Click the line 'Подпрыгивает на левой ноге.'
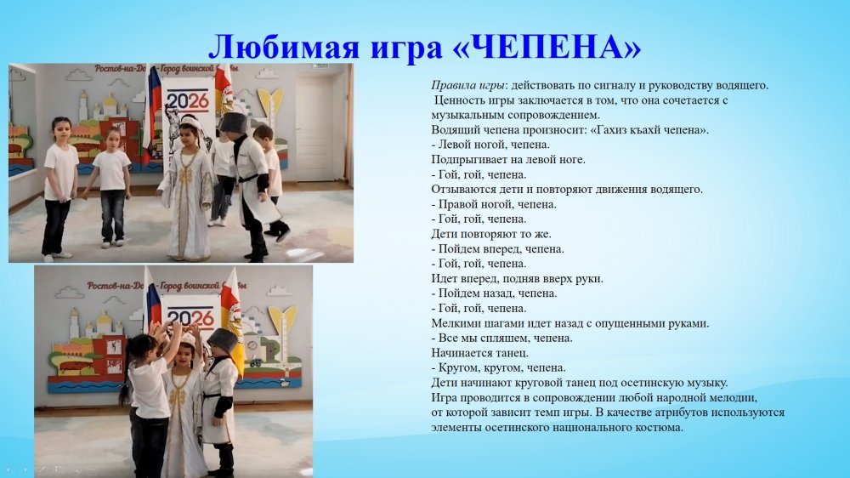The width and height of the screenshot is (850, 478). [x=508, y=159]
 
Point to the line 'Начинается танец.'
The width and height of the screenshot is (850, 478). [x=479, y=352]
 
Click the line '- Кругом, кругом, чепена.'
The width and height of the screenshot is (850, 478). [x=498, y=367]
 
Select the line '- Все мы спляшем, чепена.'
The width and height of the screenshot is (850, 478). [x=501, y=338]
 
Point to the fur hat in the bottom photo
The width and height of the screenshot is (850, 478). [x=222, y=339]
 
